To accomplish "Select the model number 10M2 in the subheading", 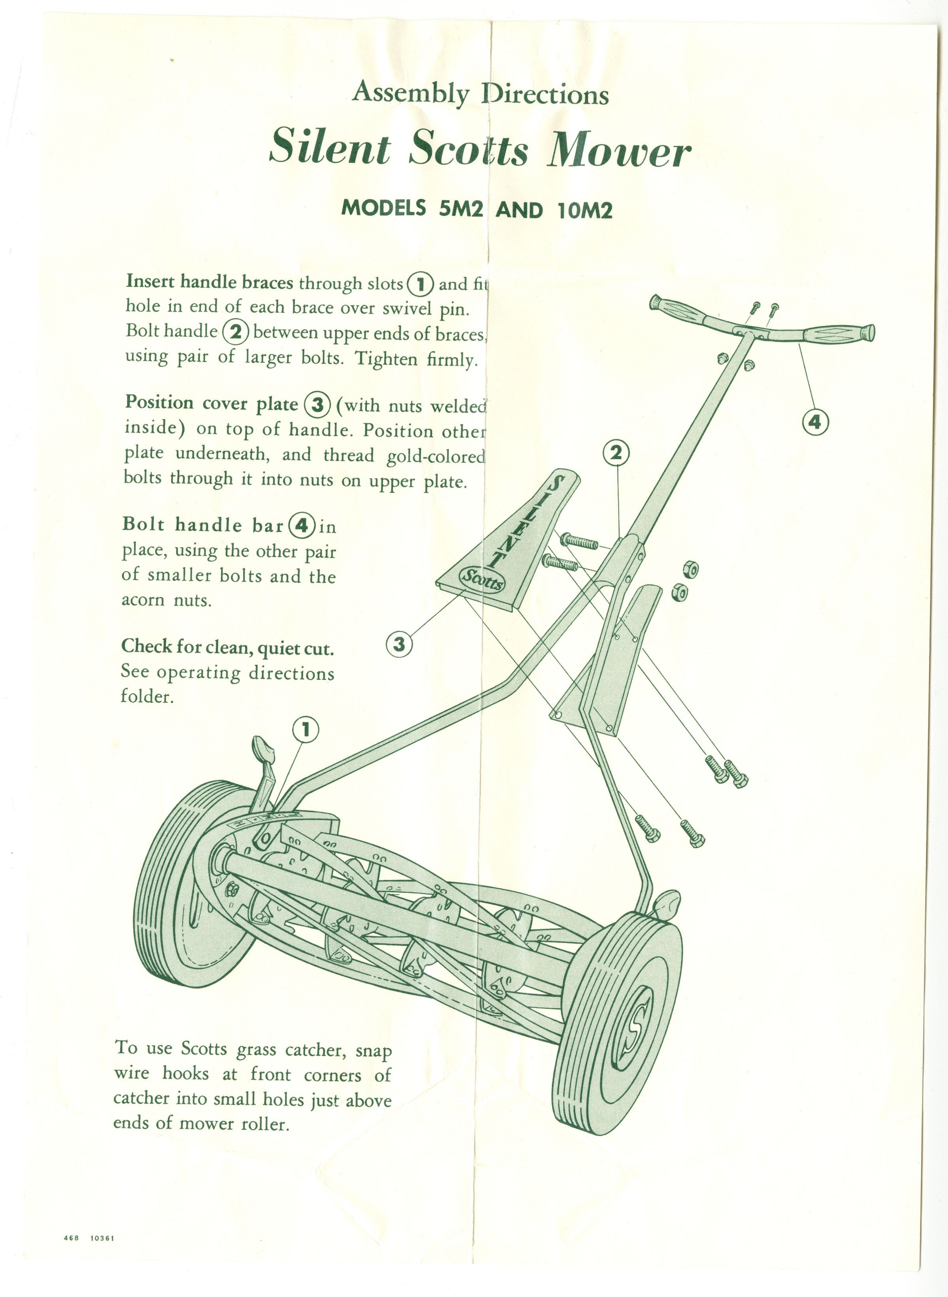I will pos(584,210).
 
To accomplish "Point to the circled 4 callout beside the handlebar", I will pos(815,423).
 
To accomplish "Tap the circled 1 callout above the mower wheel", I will pos(305,730).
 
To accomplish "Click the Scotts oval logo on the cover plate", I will pos(483,580).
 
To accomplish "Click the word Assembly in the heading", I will pos(411,93).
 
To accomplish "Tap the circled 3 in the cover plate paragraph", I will pos(317,405).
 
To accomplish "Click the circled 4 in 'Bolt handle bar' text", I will pos(302,526).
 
